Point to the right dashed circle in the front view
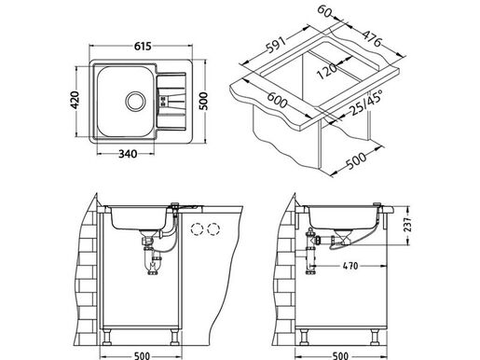pyautogui.click(x=218, y=228)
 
